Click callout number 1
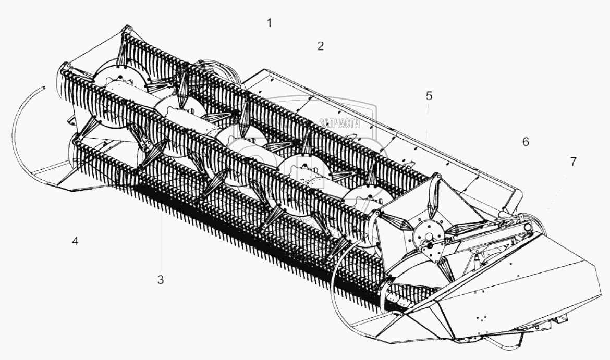point(269,23)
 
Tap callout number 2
point(320,46)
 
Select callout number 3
point(161,280)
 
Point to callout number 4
point(76,242)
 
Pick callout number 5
point(429,96)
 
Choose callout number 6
point(526,142)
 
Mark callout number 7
point(573,162)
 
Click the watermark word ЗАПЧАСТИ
point(339,123)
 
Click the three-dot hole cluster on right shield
point(482,316)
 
